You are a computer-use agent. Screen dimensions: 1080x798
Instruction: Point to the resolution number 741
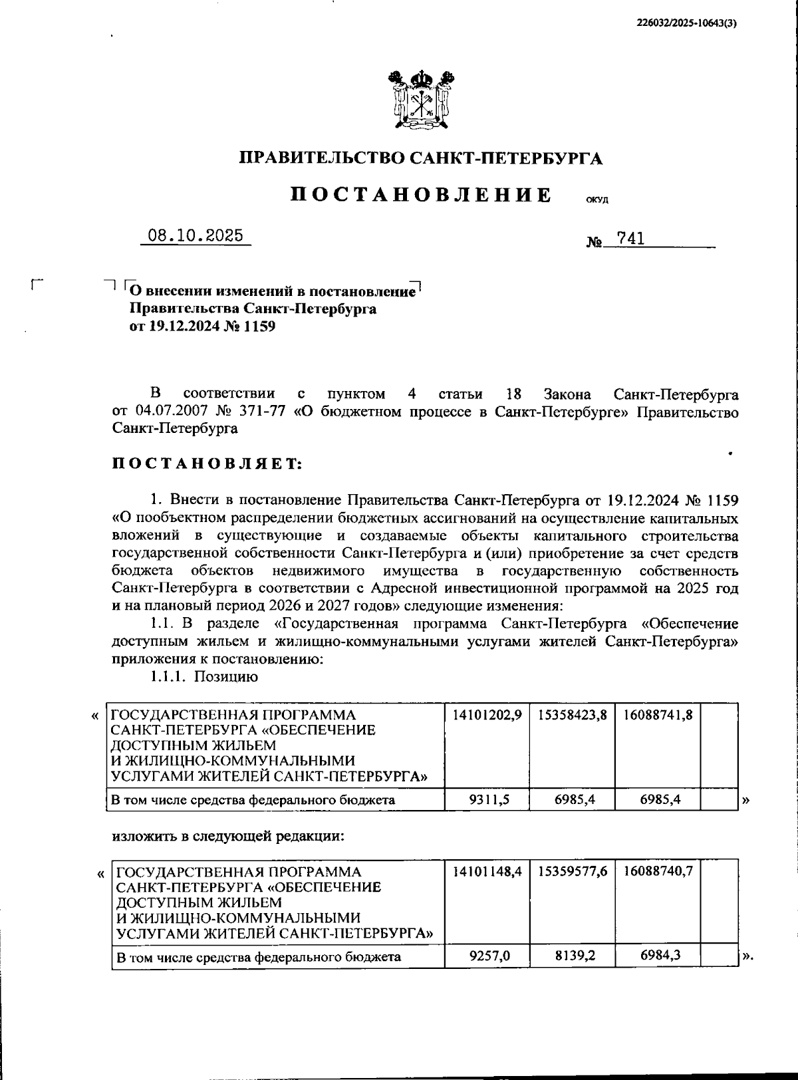coord(630,239)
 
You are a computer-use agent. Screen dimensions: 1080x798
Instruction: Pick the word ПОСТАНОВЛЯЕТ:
coord(207,464)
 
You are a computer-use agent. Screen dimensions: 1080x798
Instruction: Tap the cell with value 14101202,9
coord(487,715)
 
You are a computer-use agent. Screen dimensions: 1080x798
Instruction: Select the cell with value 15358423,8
coord(573,715)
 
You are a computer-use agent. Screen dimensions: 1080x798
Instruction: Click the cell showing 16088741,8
coord(658,715)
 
